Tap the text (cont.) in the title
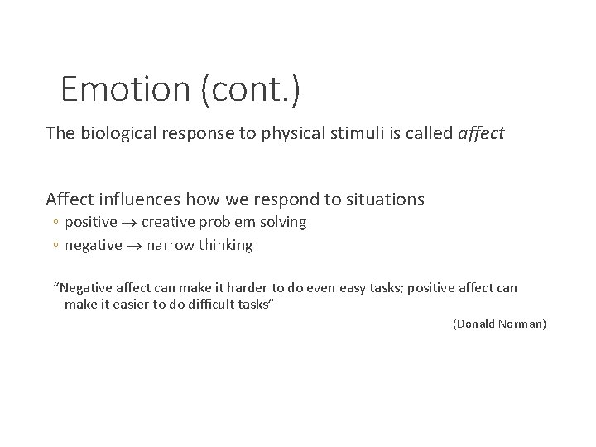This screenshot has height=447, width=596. click(x=249, y=89)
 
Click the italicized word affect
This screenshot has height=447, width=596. click(x=481, y=132)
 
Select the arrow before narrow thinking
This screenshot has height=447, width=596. click(x=135, y=245)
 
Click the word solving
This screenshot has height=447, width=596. click(x=281, y=222)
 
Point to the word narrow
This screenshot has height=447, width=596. click(x=172, y=245)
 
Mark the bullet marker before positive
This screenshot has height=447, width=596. click(x=57, y=223)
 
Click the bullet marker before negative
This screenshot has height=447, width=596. click(x=57, y=246)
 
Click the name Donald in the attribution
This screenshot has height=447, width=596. click(x=478, y=324)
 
